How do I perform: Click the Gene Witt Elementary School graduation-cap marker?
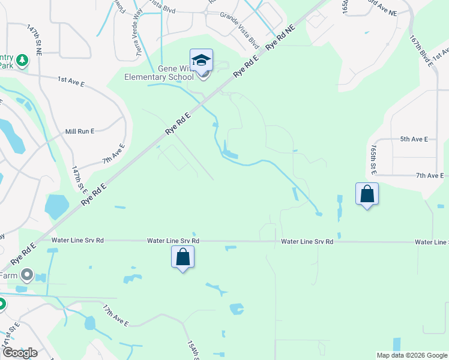201,61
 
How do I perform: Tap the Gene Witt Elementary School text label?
160,73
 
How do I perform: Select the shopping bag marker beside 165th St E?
367,194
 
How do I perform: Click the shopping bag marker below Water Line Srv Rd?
183,257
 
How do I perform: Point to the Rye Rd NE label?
281,37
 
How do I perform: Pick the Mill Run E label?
80,131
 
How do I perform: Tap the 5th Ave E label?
414,139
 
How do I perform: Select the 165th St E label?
375,160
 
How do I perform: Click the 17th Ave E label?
115,316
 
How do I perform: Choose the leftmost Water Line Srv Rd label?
77,240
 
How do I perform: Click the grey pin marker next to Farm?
26,275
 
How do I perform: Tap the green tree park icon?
22,61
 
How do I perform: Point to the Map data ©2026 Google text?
411,355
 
